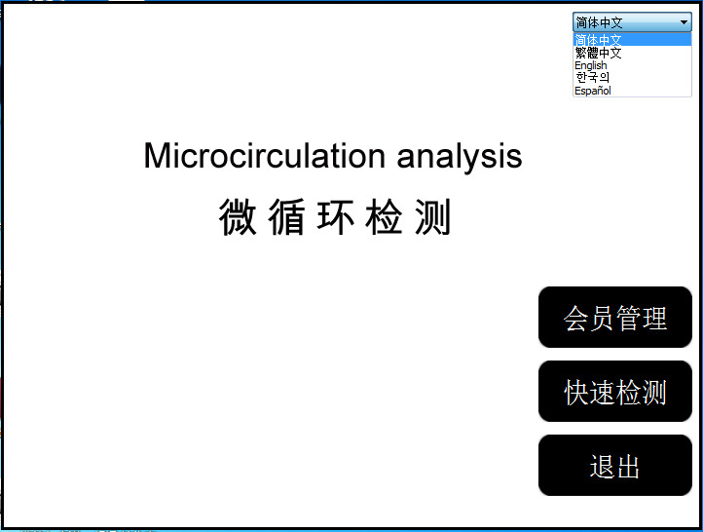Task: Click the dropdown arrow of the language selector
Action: coord(684,22)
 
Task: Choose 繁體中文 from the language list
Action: coord(598,53)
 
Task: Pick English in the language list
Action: coord(590,65)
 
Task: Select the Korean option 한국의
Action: coord(592,78)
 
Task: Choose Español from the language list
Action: coord(593,91)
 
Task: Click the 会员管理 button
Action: coord(615,317)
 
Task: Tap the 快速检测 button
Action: coord(615,391)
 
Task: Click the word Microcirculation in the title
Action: coord(265,156)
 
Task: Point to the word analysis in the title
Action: coord(460,158)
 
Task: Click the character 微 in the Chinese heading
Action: coord(238,217)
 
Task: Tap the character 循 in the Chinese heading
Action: coord(287,217)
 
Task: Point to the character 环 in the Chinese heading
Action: coord(336,217)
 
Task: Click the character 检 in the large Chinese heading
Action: coord(385,217)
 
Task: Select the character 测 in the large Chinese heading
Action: coord(432,217)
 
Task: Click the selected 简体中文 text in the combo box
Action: coord(599,22)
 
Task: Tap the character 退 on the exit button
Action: coord(602,467)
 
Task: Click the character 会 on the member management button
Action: coord(576,318)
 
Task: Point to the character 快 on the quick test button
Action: coord(576,392)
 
